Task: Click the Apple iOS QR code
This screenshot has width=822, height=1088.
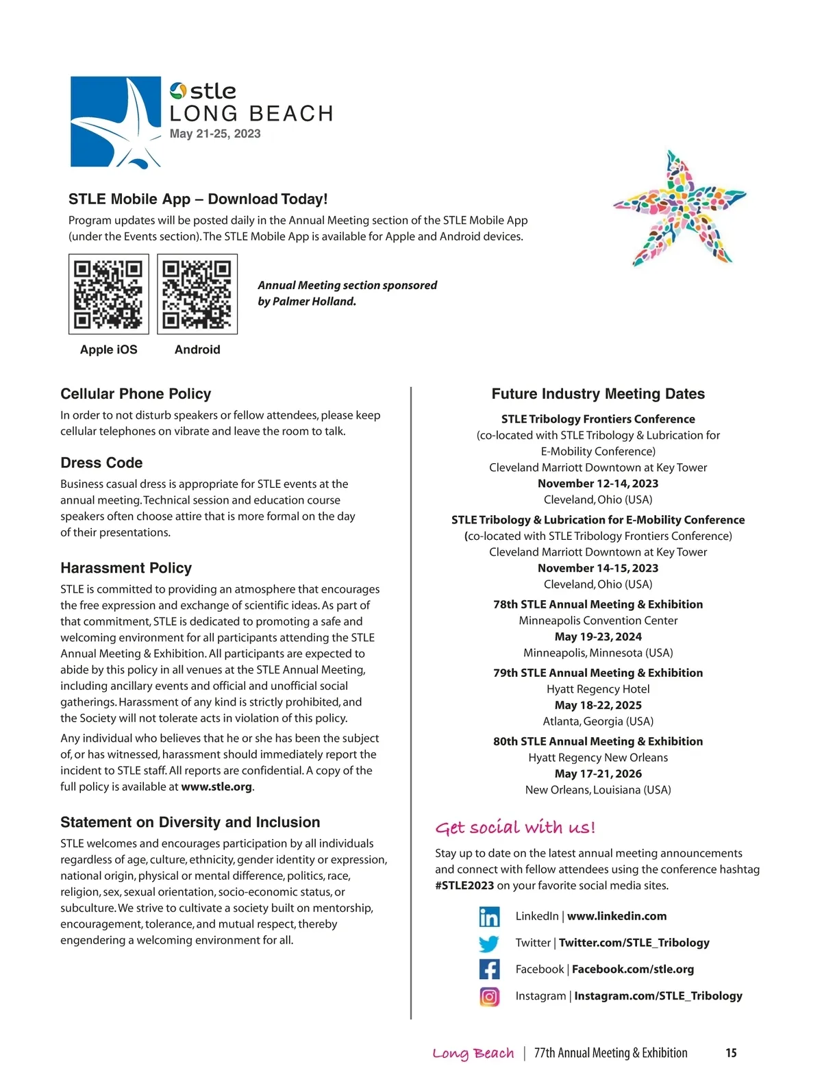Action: coord(109,294)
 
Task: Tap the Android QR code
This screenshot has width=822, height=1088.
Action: coord(197,294)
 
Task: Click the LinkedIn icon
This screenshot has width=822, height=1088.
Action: coord(489,917)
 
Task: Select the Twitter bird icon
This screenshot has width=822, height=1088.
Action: coord(489,943)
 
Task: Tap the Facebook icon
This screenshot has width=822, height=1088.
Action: coord(489,969)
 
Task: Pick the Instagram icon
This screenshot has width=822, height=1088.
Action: coord(489,996)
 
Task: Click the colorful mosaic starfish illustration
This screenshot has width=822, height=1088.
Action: coord(677,210)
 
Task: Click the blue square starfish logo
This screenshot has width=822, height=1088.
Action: coord(115,122)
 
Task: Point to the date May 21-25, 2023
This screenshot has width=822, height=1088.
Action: coord(215,134)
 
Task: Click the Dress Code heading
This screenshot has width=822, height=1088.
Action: coord(101,462)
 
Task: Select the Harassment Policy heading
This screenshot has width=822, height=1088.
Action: coord(126,568)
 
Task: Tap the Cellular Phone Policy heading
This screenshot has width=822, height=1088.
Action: coord(136,394)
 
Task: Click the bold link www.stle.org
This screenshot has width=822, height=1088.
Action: coord(216,787)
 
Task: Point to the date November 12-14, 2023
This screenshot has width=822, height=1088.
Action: coord(598,484)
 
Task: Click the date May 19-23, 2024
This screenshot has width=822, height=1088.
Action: coord(598,636)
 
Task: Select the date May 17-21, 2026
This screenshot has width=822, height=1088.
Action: coord(598,774)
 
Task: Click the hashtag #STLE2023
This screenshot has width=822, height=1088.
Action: coord(464,885)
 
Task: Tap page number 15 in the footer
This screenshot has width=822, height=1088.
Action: coord(731,1053)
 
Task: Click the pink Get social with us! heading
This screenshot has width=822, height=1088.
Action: coord(515,828)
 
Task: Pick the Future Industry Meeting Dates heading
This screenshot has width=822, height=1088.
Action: coord(598,394)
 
